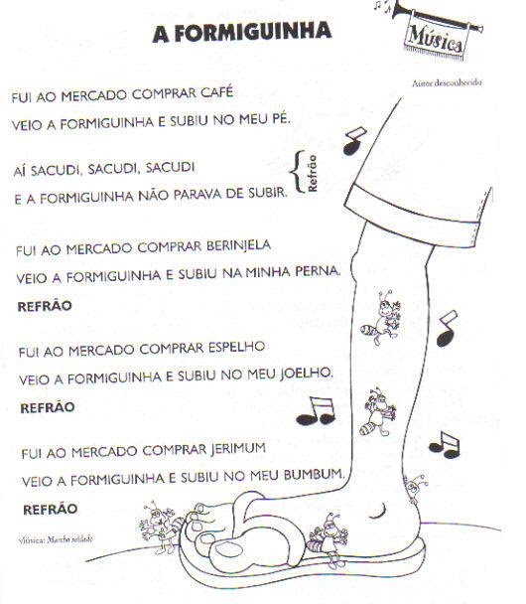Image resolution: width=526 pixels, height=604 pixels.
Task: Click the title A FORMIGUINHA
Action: point(241,35)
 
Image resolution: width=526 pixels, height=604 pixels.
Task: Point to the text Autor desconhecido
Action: point(447,83)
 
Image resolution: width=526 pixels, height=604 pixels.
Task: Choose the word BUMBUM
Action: point(313,475)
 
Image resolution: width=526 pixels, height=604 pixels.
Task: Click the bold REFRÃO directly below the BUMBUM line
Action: point(47,509)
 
